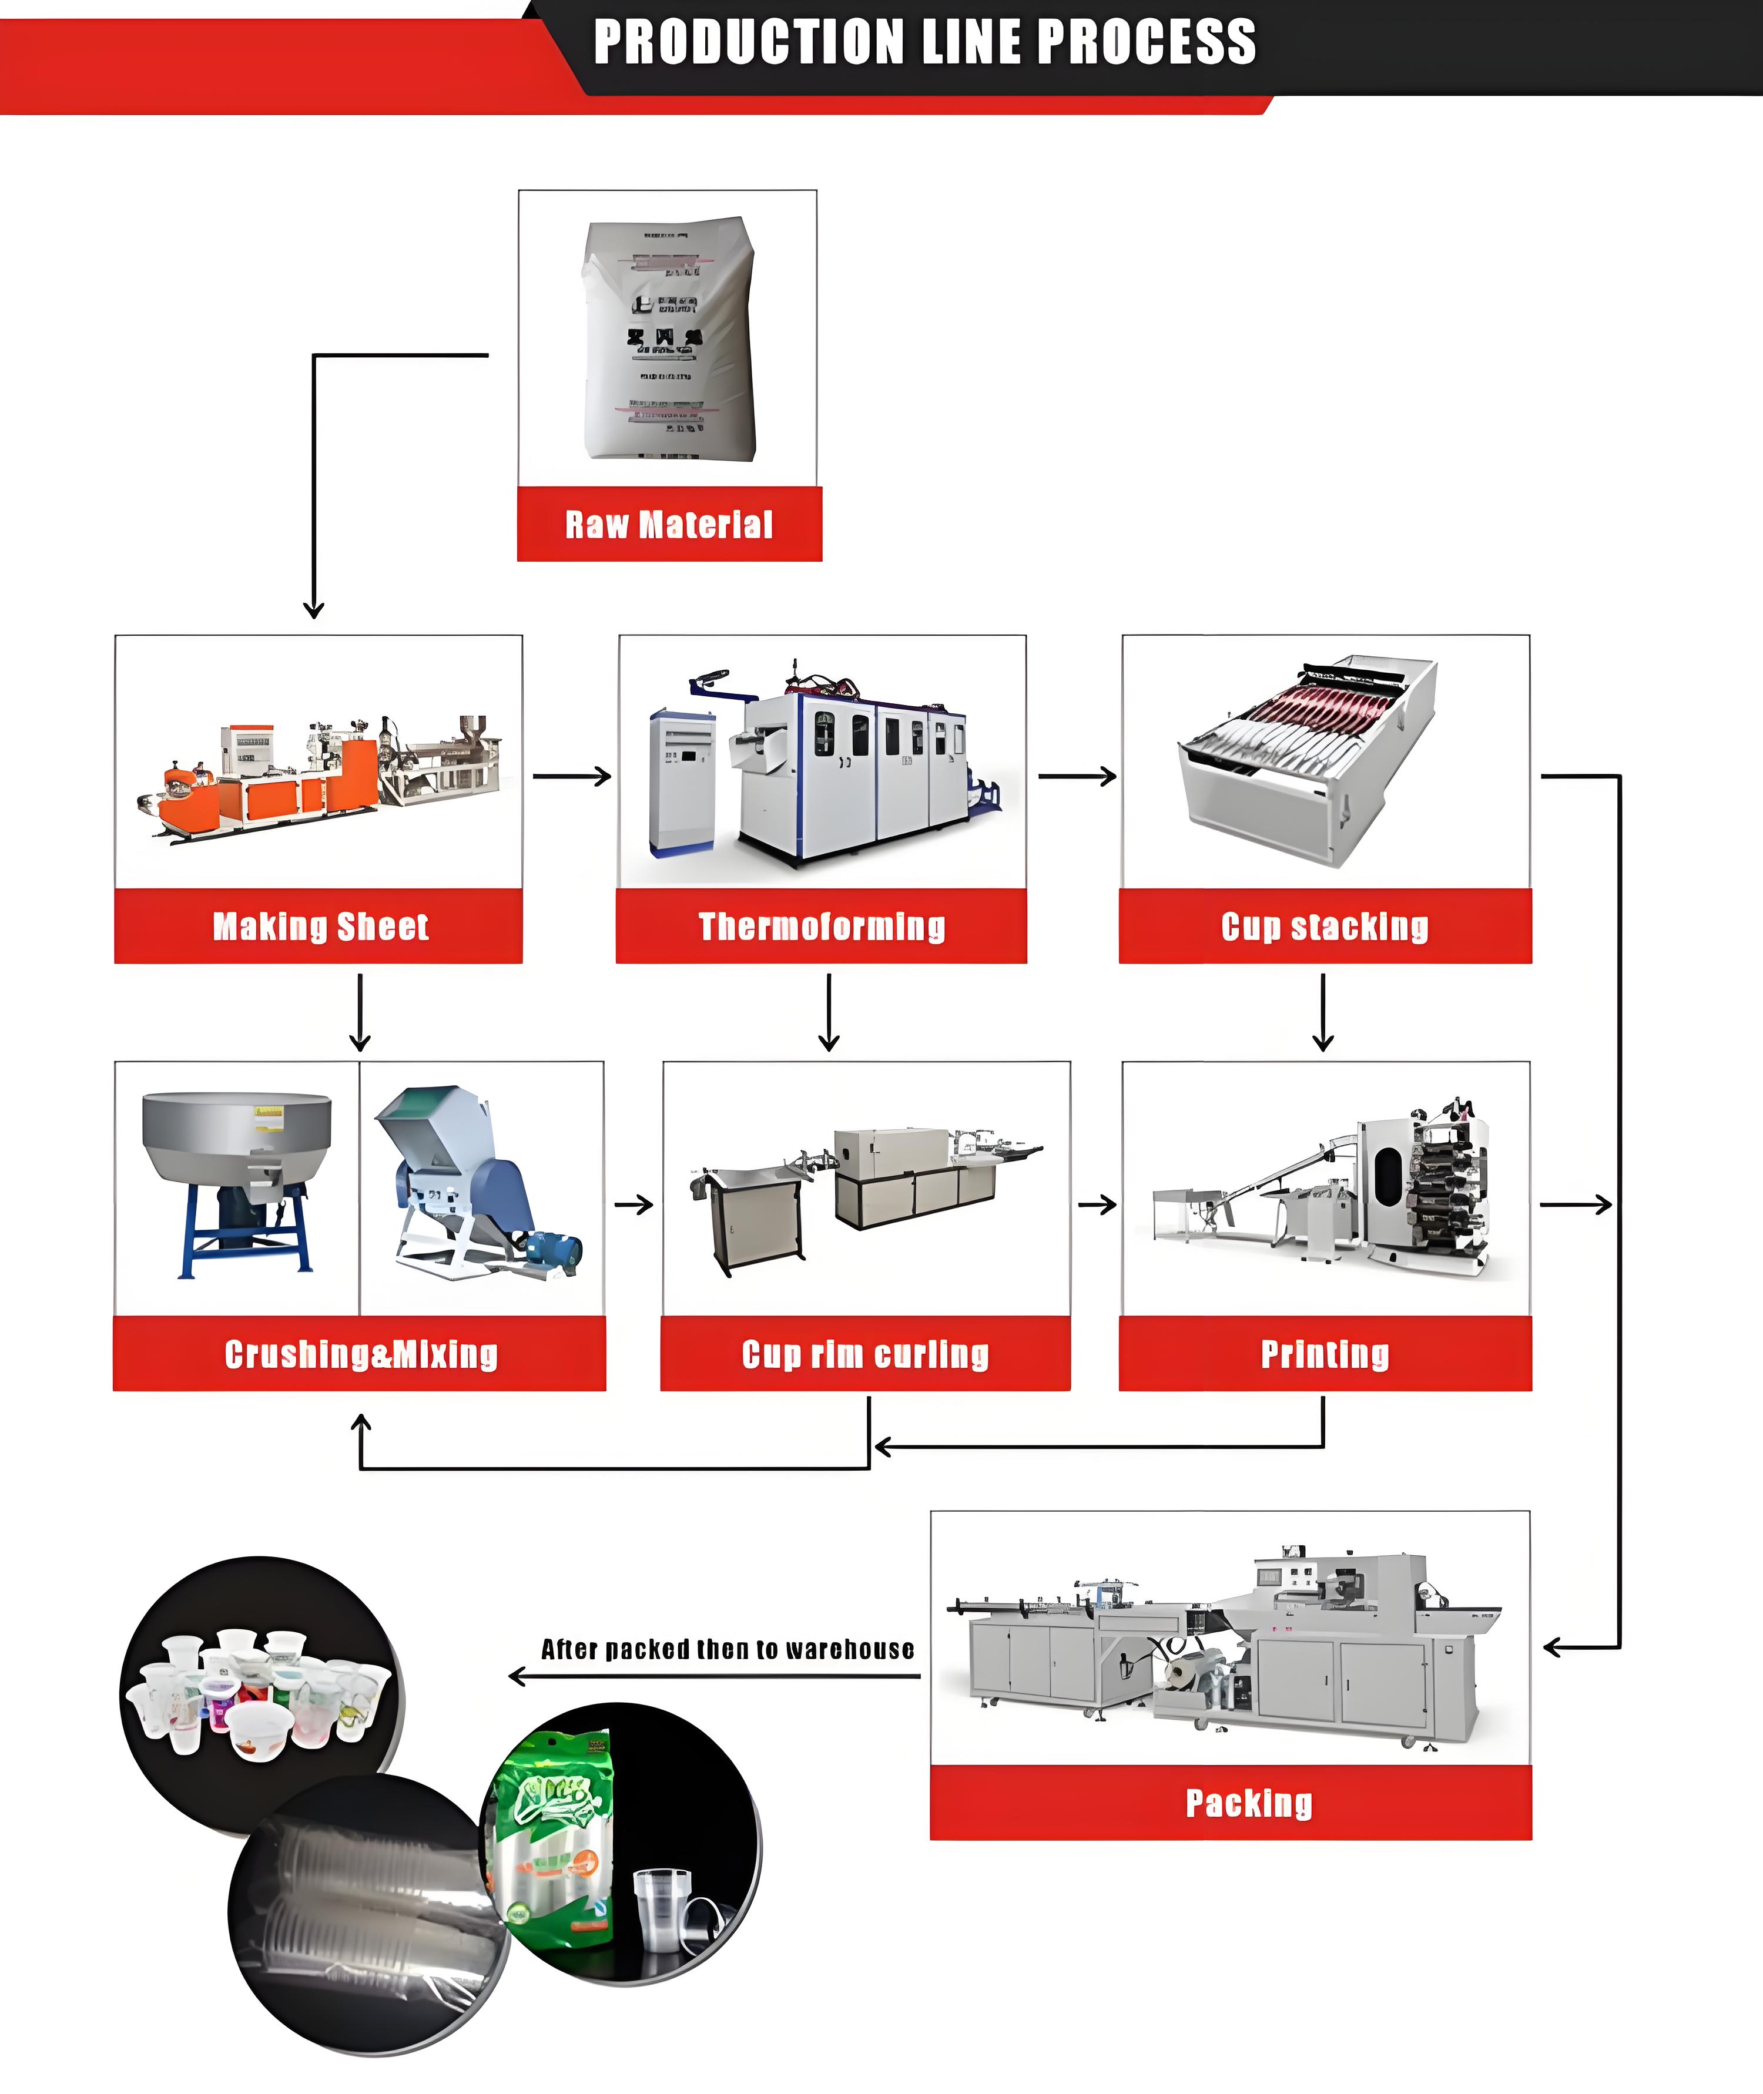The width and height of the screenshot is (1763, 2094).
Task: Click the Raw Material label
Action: click(x=669, y=525)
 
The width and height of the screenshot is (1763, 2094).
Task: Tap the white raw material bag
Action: click(x=669, y=340)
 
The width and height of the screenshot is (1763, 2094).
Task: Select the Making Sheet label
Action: click(x=320, y=927)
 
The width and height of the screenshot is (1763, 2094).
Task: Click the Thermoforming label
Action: click(x=822, y=927)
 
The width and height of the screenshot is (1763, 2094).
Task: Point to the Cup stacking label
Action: click(x=1324, y=927)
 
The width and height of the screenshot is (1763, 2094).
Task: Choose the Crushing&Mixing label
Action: click(x=361, y=1355)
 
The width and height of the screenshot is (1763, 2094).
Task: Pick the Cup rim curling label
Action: click(x=866, y=1355)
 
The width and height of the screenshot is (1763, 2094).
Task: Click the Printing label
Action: click(x=1324, y=1355)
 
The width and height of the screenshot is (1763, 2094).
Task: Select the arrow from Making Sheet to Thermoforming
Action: click(x=572, y=776)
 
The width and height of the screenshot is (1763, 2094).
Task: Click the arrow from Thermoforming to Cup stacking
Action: click(x=1077, y=776)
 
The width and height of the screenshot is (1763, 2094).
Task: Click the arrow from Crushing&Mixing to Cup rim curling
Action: click(x=634, y=1205)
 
